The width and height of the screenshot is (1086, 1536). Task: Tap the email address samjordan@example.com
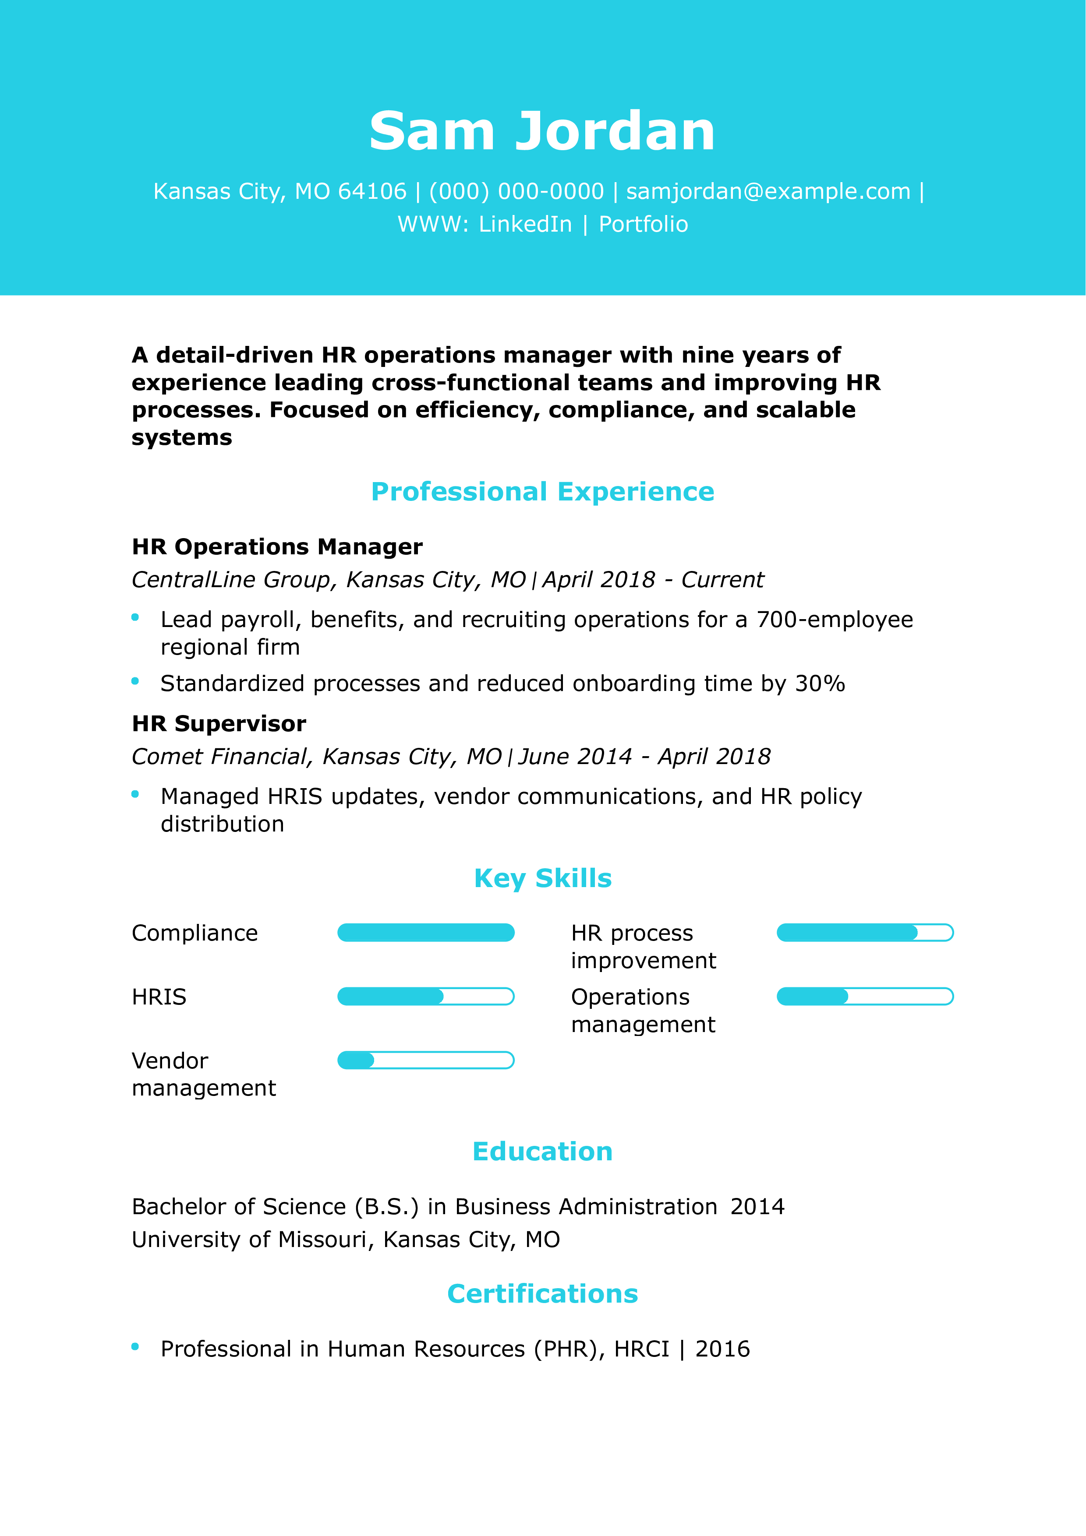(x=768, y=191)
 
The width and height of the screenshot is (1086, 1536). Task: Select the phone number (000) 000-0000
(x=516, y=191)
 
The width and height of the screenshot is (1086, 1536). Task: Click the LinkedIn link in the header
(x=525, y=224)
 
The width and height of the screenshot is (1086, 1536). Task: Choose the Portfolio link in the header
(x=643, y=224)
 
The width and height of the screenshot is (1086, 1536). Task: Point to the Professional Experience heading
(x=543, y=492)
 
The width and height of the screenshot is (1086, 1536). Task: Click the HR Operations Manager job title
(x=277, y=546)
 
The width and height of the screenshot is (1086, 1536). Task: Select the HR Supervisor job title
(x=219, y=723)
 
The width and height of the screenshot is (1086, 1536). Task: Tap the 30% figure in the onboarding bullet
(x=820, y=683)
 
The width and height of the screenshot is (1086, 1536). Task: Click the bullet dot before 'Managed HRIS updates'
(x=135, y=794)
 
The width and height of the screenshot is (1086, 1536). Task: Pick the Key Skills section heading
(x=543, y=878)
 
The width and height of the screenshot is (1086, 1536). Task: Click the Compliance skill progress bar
(x=425, y=933)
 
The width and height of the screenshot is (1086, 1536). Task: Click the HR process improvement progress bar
(x=864, y=933)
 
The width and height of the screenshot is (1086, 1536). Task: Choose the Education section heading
(x=543, y=1151)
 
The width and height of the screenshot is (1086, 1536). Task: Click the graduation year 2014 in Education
(x=757, y=1206)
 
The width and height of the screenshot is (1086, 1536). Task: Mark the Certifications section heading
(x=543, y=1294)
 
